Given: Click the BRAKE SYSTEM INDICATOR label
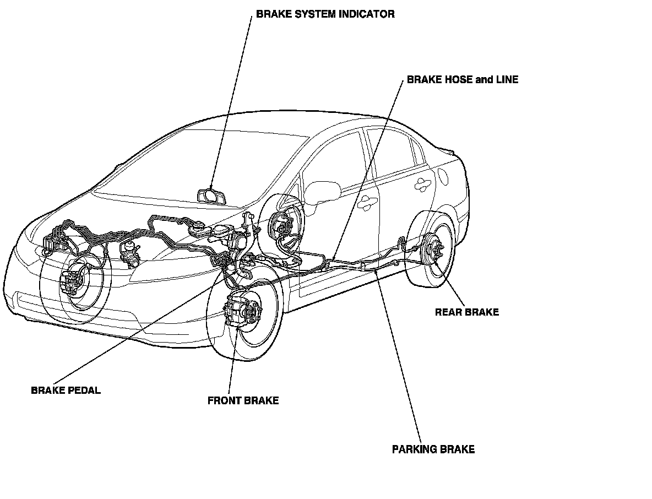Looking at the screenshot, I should [325, 14].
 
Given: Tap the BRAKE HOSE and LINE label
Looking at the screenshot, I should [463, 80].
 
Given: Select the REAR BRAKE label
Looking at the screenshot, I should [466, 312].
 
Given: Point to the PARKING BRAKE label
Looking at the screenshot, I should [433, 449].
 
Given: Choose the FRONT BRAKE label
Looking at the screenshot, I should [243, 401].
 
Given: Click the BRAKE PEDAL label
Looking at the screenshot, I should [66, 390].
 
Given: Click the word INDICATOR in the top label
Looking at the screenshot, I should [367, 14].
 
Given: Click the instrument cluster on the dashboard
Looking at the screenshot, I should [211, 196].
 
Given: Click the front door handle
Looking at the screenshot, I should [364, 205].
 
